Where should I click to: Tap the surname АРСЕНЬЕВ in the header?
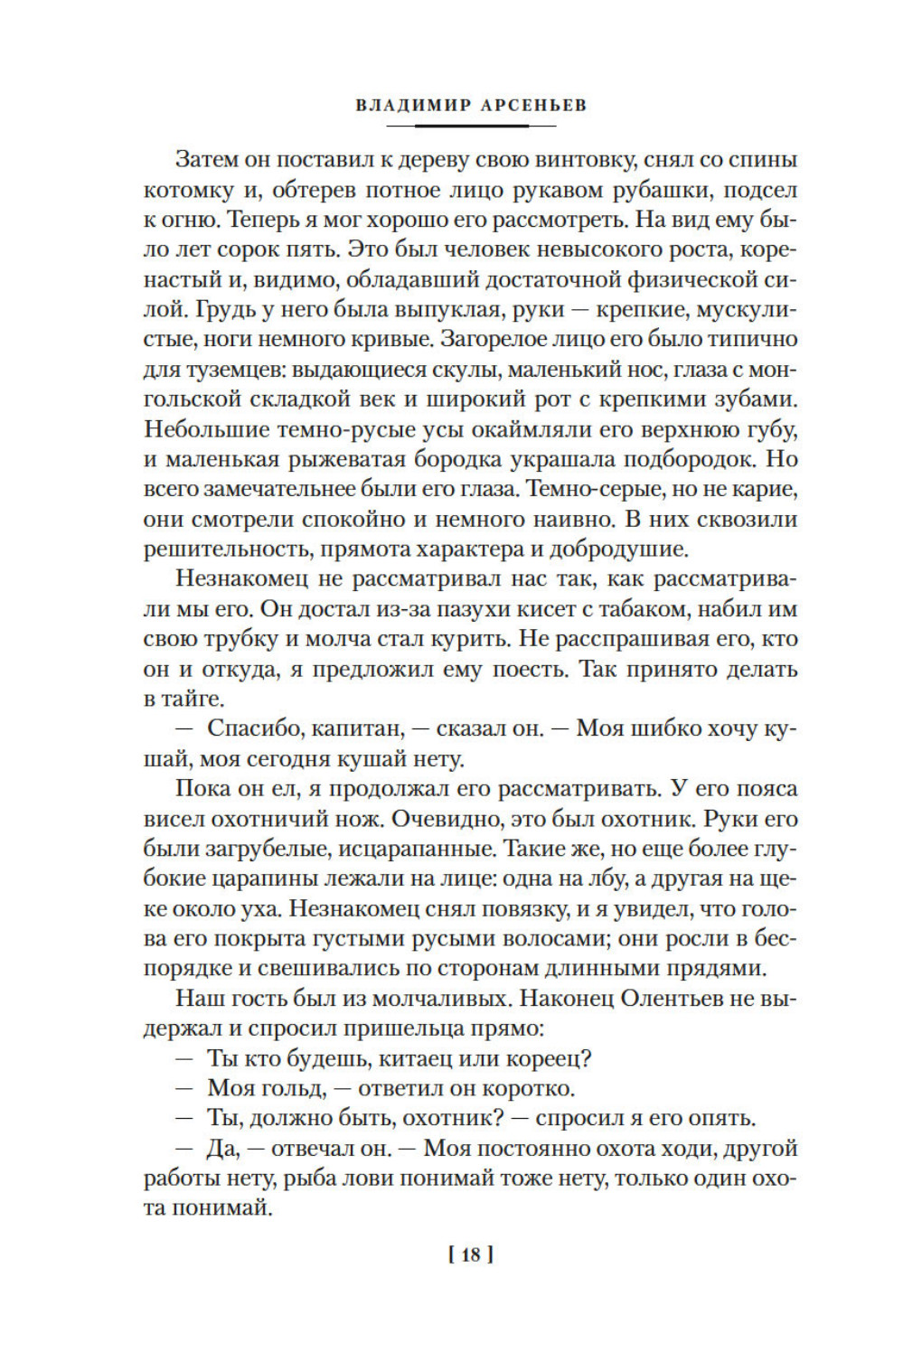[534, 105]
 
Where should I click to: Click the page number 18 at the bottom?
[471, 1254]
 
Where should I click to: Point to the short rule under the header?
[471, 125]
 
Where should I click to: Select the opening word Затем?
[207, 160]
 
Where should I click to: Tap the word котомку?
[184, 190]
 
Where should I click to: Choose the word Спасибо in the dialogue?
[254, 728]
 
